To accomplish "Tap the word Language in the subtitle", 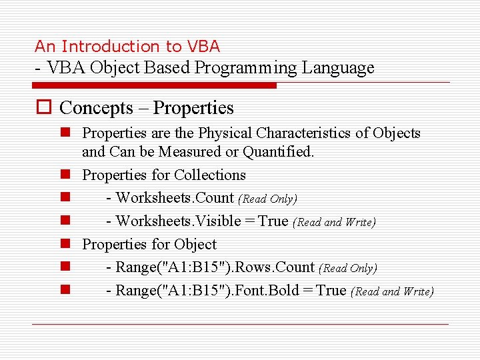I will tap(338, 67).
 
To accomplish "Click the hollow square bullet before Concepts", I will tap(43, 108).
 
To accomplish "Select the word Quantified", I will tap(278, 151).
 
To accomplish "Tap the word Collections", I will tap(209, 175).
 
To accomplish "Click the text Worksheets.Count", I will tap(175, 198).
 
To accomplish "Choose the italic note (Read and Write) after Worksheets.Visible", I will tap(334, 222).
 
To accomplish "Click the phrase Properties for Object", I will tap(149, 244).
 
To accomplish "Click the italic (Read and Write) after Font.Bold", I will tap(392, 291).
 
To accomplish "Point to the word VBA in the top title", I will tap(203, 47).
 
